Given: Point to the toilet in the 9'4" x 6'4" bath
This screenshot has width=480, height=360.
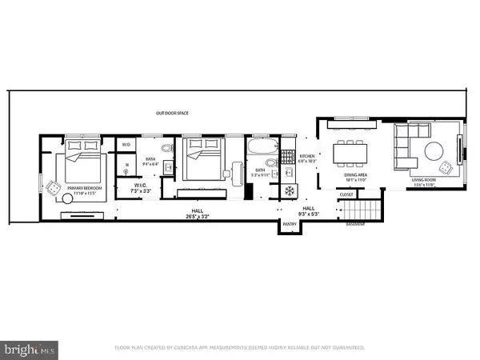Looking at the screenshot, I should pyautogui.click(x=166, y=149).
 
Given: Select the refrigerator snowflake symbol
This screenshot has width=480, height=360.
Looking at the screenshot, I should pyautogui.click(x=290, y=191).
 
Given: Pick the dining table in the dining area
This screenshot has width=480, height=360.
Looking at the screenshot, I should pyautogui.click(x=349, y=150).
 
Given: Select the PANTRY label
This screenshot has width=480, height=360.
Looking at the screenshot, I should pyautogui.click(x=288, y=226).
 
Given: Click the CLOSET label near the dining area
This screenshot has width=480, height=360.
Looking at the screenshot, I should pyautogui.click(x=346, y=194).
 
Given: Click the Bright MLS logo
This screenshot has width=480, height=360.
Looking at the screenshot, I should pyautogui.click(x=30, y=349).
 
